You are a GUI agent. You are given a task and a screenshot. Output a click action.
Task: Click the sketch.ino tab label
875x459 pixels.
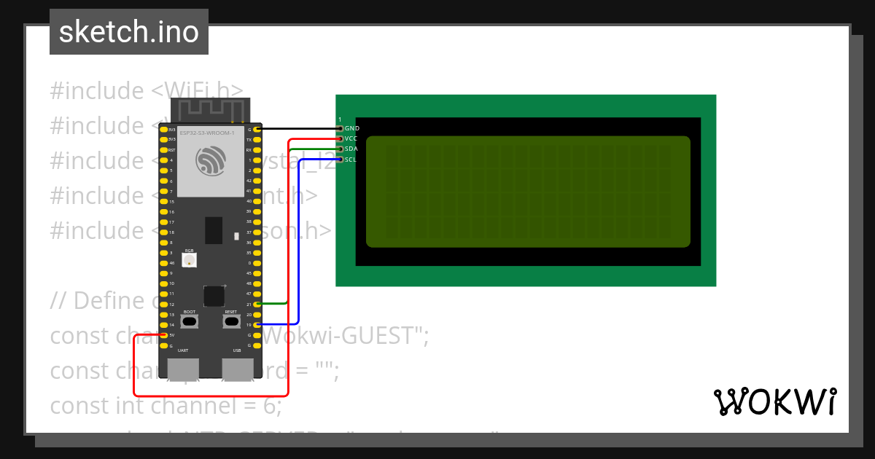(129, 32)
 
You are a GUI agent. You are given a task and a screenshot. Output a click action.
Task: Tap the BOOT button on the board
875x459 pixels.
(190, 321)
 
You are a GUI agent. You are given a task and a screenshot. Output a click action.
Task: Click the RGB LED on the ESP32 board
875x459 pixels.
(190, 260)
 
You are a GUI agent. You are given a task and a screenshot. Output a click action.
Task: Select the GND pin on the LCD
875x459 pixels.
(340, 128)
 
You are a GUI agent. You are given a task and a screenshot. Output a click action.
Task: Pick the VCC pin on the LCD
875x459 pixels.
(340, 138)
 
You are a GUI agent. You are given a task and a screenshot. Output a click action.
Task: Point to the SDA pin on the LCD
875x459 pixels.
(340, 149)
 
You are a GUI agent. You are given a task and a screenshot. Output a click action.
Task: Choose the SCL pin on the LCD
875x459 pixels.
(340, 159)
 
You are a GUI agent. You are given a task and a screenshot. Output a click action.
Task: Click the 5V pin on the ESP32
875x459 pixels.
(163, 335)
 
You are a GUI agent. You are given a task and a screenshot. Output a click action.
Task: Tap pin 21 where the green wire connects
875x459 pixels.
(257, 304)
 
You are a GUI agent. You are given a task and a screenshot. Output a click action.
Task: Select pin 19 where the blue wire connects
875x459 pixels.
(257, 324)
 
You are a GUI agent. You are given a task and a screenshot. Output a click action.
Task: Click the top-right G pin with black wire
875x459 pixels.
(257, 129)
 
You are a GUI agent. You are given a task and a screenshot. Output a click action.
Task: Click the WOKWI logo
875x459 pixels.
(775, 401)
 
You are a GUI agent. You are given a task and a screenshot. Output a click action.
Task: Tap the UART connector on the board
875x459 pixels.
(182, 369)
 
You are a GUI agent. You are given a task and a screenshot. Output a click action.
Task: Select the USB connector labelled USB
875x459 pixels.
(237, 369)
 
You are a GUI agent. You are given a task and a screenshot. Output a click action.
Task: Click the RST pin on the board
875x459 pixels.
(163, 150)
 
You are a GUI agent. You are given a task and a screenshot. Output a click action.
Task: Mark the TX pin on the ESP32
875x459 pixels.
(257, 139)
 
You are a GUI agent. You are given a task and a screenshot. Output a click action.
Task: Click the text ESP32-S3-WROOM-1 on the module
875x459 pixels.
(207, 133)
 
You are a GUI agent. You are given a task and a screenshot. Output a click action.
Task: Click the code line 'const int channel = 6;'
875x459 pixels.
(166, 405)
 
